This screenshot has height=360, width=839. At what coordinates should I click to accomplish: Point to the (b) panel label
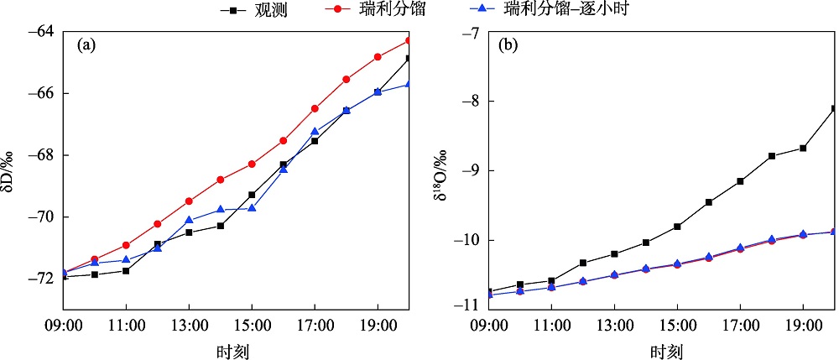(508, 46)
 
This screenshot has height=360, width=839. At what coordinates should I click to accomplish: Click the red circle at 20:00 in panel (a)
(409, 40)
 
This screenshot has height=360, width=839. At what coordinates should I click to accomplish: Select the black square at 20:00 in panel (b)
(835, 108)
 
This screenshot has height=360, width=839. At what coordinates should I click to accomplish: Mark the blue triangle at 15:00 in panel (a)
(252, 208)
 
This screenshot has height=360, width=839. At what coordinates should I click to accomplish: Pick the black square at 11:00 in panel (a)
(126, 270)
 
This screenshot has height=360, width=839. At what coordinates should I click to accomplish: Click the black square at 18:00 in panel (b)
(772, 156)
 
